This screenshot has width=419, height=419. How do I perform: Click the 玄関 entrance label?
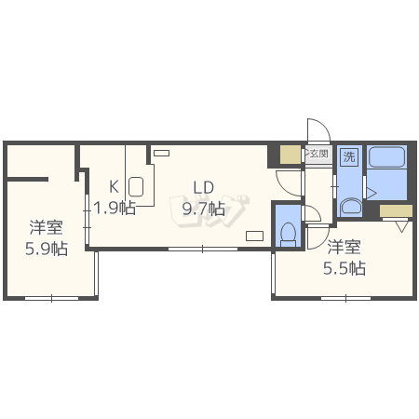(319, 154)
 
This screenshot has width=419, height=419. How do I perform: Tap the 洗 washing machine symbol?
(349, 156)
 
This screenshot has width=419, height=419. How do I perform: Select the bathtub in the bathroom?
(386, 157)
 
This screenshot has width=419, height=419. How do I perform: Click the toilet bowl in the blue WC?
(289, 234)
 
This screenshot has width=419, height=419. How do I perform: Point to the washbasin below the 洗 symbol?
(350, 208)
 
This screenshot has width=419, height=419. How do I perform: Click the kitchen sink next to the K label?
(136, 186)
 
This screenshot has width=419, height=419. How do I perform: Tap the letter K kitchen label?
(114, 187)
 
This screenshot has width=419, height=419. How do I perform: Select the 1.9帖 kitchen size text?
(115, 208)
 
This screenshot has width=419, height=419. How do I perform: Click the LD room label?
(204, 187)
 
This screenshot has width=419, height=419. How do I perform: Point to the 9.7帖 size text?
(204, 209)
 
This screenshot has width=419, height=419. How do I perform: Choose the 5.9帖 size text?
(47, 249)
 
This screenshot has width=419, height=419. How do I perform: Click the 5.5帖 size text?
(345, 268)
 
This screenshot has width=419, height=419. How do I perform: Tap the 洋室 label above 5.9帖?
(47, 227)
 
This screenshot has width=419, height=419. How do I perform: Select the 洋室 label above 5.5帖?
(345, 247)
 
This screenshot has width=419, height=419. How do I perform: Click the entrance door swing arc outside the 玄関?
(324, 125)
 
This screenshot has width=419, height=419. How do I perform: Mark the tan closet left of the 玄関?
(291, 155)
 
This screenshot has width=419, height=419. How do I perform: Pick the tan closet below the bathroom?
(396, 210)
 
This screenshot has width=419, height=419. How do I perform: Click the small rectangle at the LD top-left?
(162, 153)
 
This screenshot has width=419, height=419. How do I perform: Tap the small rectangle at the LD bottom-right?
(255, 236)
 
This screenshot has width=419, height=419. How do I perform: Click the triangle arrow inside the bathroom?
(372, 193)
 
